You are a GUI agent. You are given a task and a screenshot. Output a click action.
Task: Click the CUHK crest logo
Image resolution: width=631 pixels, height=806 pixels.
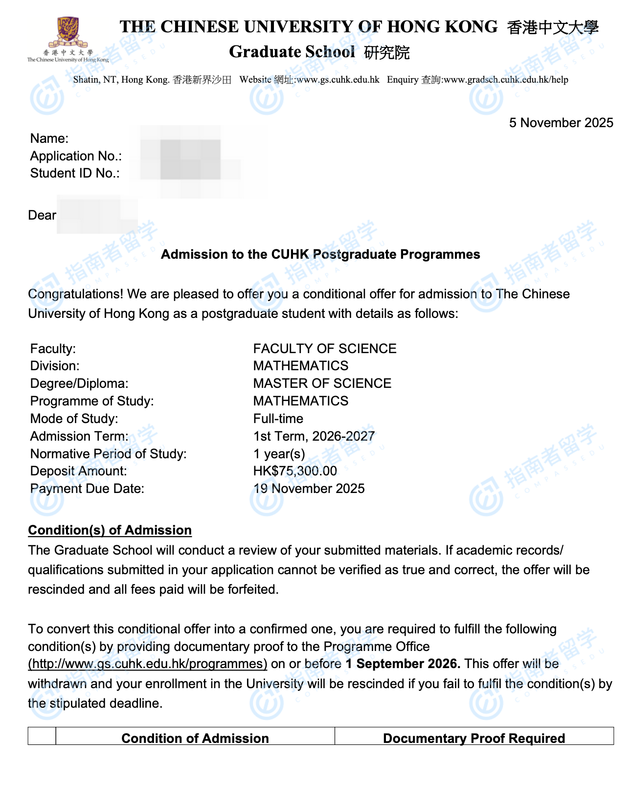[x=68, y=33]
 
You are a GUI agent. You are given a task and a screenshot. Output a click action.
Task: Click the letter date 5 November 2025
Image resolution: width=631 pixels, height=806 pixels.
[x=561, y=123]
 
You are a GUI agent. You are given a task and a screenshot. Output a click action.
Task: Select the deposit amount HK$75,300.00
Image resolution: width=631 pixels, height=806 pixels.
[x=295, y=471]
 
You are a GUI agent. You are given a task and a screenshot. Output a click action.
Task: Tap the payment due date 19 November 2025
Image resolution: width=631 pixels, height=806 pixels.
[x=309, y=489]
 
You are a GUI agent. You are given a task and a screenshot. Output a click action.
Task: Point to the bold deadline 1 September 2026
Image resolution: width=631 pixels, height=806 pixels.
[x=403, y=664]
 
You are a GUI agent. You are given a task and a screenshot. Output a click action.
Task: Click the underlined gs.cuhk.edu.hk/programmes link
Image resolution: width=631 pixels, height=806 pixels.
[x=148, y=664]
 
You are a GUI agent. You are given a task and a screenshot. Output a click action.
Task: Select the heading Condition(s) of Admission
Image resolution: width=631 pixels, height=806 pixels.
[x=110, y=530]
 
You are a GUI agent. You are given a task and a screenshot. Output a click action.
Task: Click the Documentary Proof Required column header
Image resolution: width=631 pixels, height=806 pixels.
[x=473, y=738]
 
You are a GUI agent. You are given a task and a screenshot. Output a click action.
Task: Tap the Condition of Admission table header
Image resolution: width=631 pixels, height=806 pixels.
[x=195, y=738]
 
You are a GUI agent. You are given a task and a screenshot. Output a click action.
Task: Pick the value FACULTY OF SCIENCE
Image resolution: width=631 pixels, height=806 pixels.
[x=325, y=349]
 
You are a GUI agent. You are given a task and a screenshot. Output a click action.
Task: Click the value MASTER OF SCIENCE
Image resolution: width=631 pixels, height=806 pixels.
[x=322, y=383]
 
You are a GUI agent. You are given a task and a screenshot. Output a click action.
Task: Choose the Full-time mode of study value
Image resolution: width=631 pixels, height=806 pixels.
[x=278, y=419]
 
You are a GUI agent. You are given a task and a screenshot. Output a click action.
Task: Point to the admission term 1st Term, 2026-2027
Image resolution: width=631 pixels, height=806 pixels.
[x=314, y=436]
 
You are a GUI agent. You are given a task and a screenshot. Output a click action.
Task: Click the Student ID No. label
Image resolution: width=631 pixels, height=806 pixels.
[x=75, y=173]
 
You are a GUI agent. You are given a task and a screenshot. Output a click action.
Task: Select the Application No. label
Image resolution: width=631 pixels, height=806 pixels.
[x=76, y=156]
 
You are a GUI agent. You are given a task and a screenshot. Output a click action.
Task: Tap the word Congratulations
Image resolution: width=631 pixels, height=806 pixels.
[x=75, y=294]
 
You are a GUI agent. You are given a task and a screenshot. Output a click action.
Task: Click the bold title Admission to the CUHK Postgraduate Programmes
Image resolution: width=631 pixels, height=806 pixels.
[x=320, y=254]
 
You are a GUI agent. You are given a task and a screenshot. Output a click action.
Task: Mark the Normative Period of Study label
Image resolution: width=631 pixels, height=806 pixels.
[x=108, y=454]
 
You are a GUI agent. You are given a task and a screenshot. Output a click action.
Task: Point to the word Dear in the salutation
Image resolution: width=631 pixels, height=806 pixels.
[x=42, y=215]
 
